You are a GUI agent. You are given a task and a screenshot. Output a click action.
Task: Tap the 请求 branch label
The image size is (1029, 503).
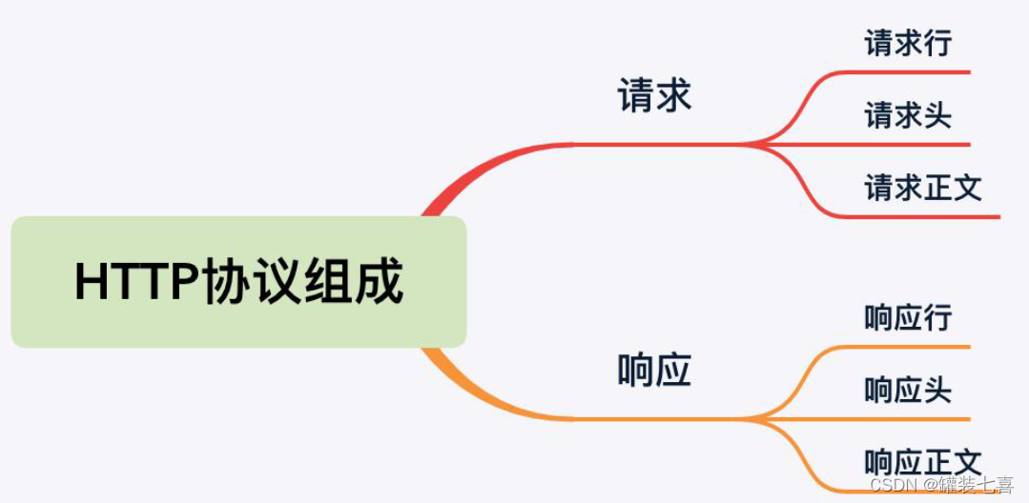654,96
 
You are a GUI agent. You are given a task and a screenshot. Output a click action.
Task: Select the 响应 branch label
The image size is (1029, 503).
654,371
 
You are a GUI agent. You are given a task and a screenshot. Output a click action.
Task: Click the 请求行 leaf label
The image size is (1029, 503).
908,43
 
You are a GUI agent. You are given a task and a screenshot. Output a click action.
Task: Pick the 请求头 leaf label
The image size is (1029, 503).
908,115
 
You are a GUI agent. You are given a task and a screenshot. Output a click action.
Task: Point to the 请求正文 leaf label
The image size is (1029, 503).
923,188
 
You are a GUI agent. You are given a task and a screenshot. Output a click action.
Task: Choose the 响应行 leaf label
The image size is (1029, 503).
908,317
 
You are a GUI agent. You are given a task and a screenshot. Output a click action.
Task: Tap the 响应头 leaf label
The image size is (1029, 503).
908,390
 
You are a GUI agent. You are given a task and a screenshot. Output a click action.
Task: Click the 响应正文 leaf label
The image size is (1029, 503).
923,462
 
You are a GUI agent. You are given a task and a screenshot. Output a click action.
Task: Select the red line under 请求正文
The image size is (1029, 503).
925,217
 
